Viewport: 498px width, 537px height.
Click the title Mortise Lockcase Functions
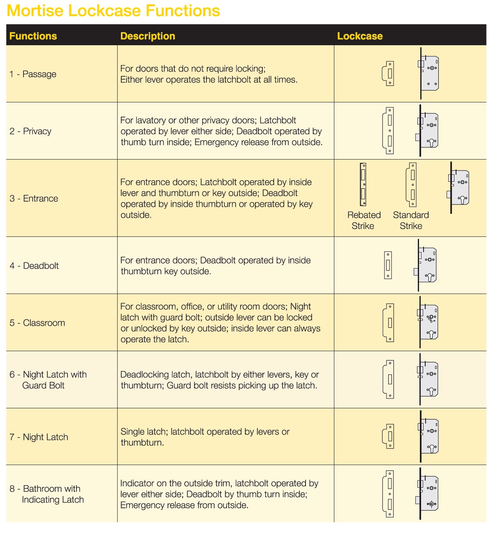[113, 11]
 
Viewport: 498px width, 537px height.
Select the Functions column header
[33, 36]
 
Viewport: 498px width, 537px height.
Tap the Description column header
[148, 36]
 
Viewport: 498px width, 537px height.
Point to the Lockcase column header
[360, 36]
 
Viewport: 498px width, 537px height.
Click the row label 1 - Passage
[33, 74]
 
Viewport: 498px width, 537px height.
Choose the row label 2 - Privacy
[30, 131]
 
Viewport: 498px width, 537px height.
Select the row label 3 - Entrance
[34, 198]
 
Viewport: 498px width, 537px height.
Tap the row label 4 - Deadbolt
[34, 266]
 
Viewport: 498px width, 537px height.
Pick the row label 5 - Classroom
[37, 323]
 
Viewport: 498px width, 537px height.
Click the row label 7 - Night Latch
[39, 437]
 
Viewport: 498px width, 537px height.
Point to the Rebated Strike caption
[364, 220]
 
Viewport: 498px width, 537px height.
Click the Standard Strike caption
[411, 220]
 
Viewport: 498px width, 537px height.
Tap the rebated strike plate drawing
[363, 185]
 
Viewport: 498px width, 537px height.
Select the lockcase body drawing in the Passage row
[429, 73]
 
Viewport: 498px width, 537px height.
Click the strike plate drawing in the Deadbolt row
[388, 265]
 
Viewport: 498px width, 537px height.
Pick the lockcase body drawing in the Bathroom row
[429, 493]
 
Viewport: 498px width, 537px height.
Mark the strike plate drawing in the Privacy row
[389, 131]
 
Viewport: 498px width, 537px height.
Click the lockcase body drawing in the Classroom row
[429, 322]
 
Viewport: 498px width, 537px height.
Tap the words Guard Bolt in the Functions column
[43, 385]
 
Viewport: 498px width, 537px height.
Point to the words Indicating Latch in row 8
[53, 500]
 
